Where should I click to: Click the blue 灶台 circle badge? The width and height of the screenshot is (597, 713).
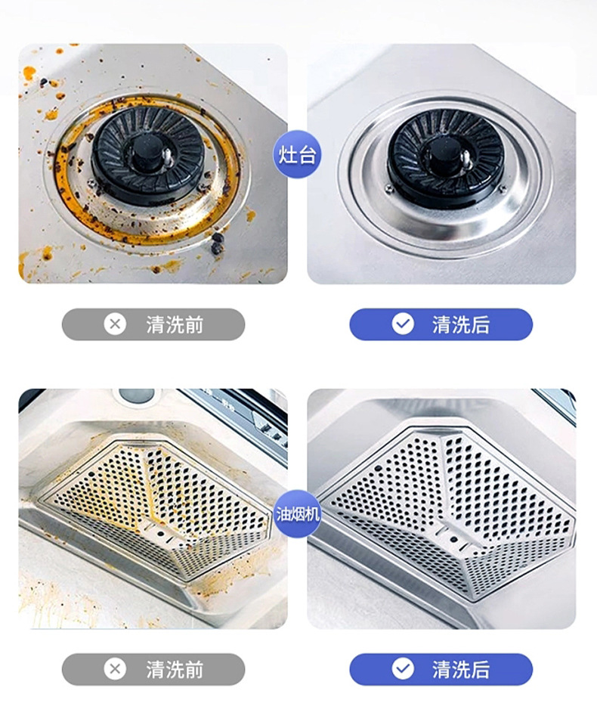click(297, 154)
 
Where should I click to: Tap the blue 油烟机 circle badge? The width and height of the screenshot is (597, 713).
click(298, 514)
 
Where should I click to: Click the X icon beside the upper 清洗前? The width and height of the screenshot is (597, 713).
click(115, 324)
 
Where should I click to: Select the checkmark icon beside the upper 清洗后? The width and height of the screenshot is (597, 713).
click(403, 324)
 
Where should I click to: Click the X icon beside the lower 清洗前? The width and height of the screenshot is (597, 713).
click(115, 669)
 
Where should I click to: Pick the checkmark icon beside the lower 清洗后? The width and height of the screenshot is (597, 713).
click(403, 669)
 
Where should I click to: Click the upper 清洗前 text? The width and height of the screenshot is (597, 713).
click(175, 324)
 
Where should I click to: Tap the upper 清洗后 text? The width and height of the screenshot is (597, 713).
click(461, 324)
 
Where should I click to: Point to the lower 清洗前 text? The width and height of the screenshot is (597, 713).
click(175, 669)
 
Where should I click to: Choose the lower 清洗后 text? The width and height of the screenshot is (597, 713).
click(461, 669)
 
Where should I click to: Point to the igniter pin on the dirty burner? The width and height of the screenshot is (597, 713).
click(167, 154)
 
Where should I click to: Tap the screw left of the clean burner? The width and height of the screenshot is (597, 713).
click(389, 188)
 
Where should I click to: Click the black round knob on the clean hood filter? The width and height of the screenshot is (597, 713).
click(454, 539)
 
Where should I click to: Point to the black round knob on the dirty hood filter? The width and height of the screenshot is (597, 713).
click(160, 533)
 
